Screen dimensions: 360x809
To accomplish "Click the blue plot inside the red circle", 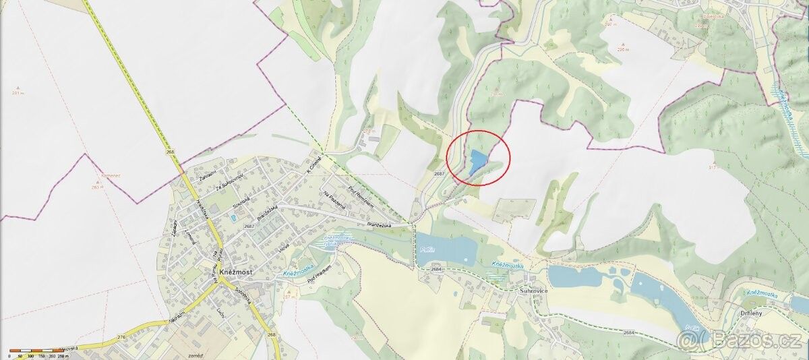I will coord(477,160).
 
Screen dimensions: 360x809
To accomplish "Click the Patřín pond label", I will coord(426,249).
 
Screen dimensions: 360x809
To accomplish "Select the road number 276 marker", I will coord(121,336).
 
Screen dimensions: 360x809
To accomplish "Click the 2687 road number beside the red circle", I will coord(440,174).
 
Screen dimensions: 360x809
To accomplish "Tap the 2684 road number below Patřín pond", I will coord(436,270).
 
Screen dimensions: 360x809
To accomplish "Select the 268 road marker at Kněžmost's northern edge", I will coord(171,153).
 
